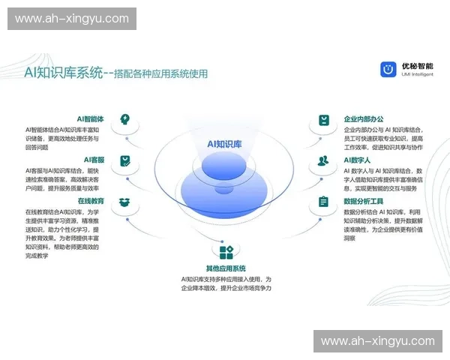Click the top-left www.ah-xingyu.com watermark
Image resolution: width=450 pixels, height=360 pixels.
(72, 19)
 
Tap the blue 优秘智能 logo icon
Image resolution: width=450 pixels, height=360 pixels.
(388, 70)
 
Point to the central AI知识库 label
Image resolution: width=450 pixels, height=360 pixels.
(225, 144)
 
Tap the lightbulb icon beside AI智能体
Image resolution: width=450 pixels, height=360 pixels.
(125, 120)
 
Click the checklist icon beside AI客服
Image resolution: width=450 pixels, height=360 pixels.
(125, 160)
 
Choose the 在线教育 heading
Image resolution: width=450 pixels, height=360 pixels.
(91, 201)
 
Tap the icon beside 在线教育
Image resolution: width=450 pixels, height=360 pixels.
(125, 202)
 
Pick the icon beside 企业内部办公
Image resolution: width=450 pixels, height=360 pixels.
(323, 120)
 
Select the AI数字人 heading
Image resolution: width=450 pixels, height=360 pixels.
(358, 160)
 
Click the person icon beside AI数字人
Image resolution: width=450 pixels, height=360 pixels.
(323, 160)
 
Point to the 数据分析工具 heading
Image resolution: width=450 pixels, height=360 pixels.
(364, 201)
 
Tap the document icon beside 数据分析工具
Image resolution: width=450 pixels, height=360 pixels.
(323, 202)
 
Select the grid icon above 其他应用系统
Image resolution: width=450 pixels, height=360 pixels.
(226, 251)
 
